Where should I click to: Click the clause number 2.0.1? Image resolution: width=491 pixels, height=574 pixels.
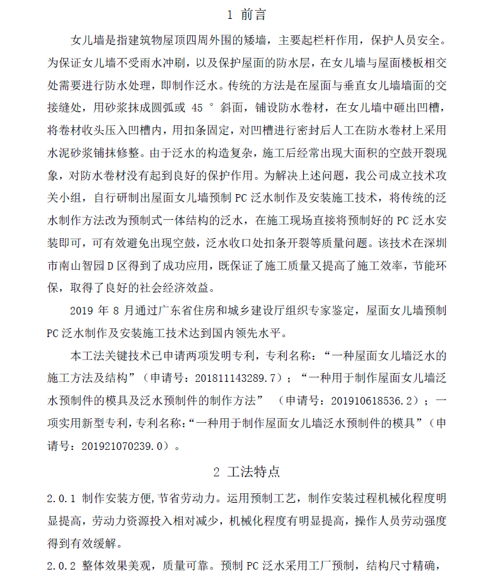61,498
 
